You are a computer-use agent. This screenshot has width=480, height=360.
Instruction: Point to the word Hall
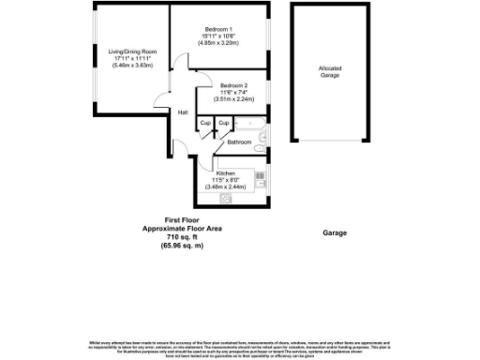pyautogui.click(x=183, y=113)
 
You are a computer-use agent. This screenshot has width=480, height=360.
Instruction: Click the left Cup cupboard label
pyautogui.click(x=204, y=123)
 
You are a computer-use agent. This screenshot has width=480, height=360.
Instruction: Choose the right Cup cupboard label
pyautogui.click(x=223, y=123)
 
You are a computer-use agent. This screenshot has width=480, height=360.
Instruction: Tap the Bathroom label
pyautogui.click(x=240, y=142)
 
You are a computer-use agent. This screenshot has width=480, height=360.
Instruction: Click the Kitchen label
pyautogui.click(x=226, y=173)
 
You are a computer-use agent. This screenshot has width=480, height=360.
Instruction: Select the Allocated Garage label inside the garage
pyautogui.click(x=329, y=71)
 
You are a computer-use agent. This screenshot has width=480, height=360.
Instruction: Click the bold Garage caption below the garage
pyautogui.click(x=335, y=232)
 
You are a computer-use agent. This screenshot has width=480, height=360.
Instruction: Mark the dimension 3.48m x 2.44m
pyautogui.click(x=226, y=187)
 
